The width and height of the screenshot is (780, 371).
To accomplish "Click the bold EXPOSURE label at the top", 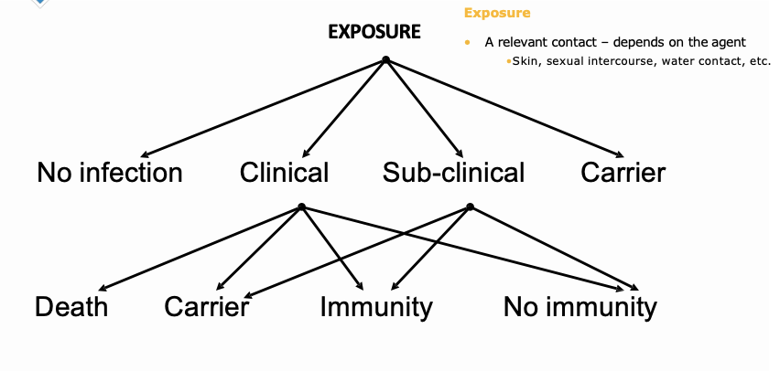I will click(x=374, y=32).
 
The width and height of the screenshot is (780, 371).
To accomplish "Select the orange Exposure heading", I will click(x=497, y=13).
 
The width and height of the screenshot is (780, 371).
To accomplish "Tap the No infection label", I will click(x=110, y=172).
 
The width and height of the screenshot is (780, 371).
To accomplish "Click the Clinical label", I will click(x=284, y=172).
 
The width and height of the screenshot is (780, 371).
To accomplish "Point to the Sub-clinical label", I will click(x=454, y=172).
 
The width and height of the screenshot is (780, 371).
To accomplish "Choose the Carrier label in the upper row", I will click(x=623, y=172).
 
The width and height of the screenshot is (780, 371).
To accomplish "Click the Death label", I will click(x=71, y=307).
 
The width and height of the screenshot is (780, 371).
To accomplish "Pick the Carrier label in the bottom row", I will click(x=207, y=307).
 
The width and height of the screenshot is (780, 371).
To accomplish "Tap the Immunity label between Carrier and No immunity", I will click(x=375, y=307).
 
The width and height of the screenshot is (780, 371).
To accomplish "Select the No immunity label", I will click(x=580, y=307).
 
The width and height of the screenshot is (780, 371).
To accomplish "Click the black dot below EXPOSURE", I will click(x=385, y=60).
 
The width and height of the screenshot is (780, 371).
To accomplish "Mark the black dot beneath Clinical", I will click(x=301, y=207).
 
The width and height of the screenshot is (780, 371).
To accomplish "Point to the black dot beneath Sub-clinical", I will click(x=470, y=207).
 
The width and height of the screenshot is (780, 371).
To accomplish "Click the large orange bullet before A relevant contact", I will click(x=468, y=43).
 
